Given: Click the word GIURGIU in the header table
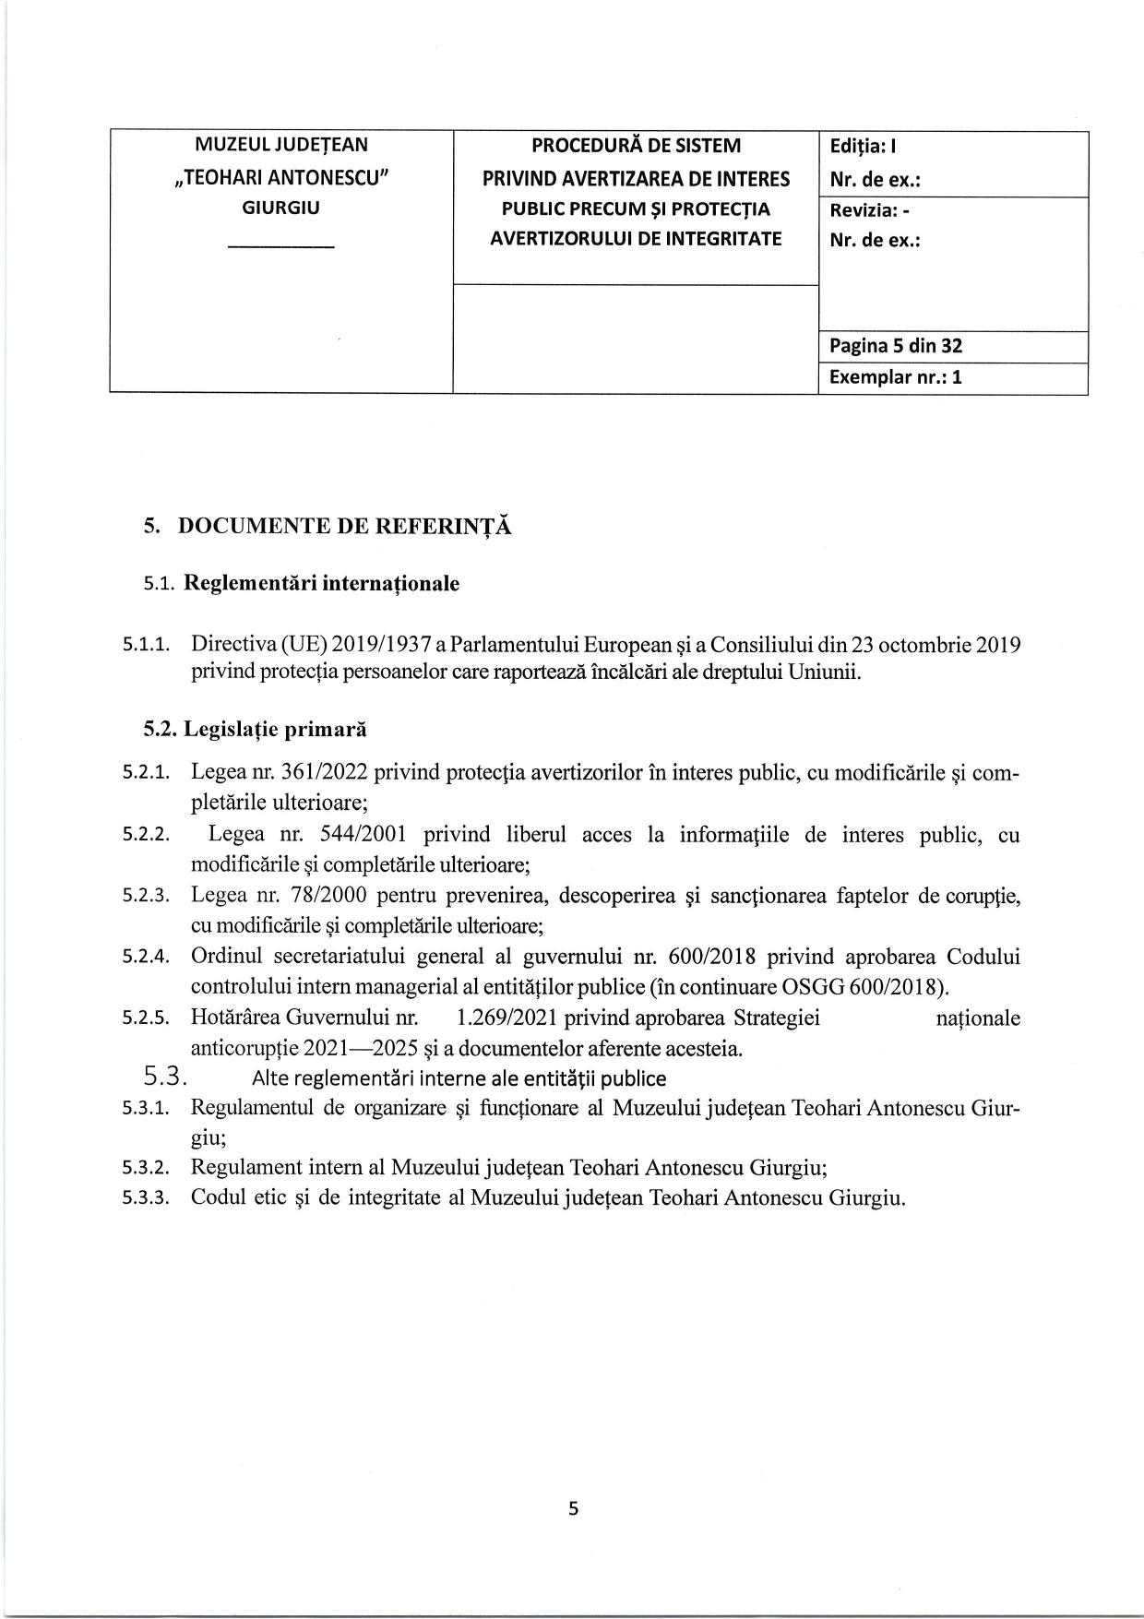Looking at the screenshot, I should click(280, 208).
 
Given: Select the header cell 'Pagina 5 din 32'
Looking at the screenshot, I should click(896, 346).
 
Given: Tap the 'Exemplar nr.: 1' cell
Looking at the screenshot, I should click(896, 377).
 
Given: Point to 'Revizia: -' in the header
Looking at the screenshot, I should click(870, 209).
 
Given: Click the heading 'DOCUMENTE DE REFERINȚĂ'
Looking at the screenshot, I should click(344, 526).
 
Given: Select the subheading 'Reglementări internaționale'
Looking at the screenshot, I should click(322, 584).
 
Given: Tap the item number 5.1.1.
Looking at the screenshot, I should click(147, 645).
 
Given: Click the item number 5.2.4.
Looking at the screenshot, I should click(147, 957).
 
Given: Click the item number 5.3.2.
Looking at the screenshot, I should click(147, 1168).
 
